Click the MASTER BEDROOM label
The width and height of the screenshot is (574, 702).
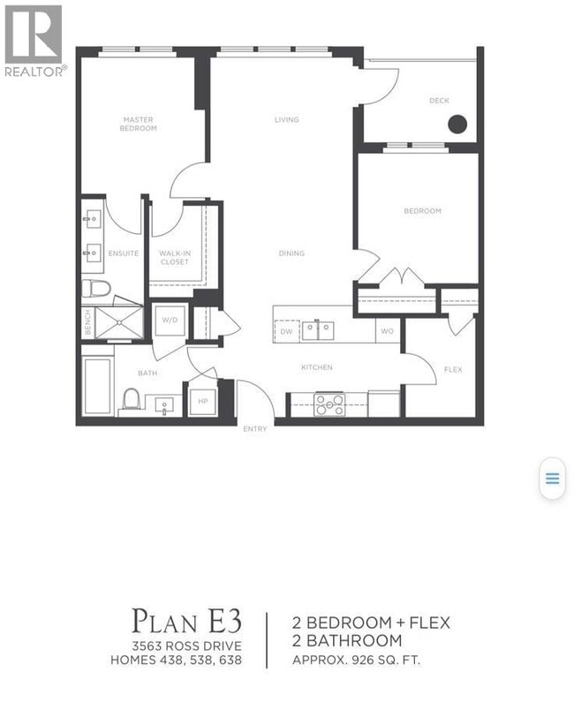[140, 124]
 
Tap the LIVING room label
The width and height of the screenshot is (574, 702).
[286, 120]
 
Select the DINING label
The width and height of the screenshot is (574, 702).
[291, 253]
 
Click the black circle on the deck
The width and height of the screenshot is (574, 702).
[457, 125]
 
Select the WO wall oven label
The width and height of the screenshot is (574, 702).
[386, 332]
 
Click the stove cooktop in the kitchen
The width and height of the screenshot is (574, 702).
[330, 404]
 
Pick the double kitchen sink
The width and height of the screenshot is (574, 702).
[318, 331]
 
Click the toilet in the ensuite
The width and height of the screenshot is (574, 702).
[95, 288]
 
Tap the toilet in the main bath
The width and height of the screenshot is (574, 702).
[132, 400]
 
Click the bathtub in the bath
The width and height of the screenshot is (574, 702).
[97, 386]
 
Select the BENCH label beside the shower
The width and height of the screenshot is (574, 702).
[87, 324]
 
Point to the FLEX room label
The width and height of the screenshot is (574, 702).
[452, 370]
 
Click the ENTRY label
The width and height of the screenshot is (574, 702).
[254, 429]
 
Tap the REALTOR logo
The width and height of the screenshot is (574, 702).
[34, 41]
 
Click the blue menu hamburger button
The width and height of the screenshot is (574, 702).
[552, 479]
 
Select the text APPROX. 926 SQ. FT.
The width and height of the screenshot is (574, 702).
[359, 659]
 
